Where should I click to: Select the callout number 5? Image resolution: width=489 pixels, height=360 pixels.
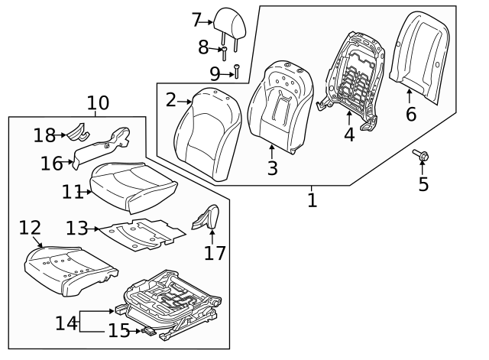click(423, 184)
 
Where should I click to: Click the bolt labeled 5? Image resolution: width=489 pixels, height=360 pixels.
click(422, 157)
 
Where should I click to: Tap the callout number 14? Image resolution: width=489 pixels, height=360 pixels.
click(66, 323)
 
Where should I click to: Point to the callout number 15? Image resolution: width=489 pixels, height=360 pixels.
click(118, 331)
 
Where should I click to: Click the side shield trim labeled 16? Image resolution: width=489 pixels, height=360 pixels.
click(103, 149)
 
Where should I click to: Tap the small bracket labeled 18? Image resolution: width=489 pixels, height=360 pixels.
click(74, 133)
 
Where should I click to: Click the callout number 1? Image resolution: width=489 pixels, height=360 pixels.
click(312, 200)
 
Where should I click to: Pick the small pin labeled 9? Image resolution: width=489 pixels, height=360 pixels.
click(238, 72)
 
